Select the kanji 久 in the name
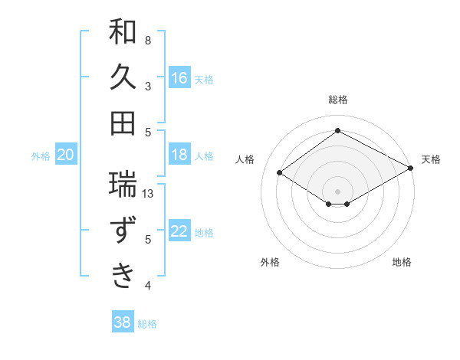[x=123, y=77]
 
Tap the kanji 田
[x=123, y=123]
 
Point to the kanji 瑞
[x=123, y=184]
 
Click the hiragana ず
[x=123, y=230]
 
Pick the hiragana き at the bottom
[x=123, y=275]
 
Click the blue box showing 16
[x=179, y=77]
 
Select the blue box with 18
[x=179, y=155]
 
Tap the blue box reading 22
[x=179, y=231]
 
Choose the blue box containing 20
[x=66, y=155]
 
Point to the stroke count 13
[x=149, y=194]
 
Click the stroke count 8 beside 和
[x=148, y=40]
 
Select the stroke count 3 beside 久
[x=148, y=86]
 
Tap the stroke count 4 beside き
[x=148, y=286]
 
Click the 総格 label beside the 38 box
[x=148, y=324]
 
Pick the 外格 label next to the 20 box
[x=41, y=156]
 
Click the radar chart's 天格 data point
[x=411, y=169]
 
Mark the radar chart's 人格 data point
[x=280, y=173]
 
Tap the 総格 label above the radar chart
[x=338, y=100]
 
